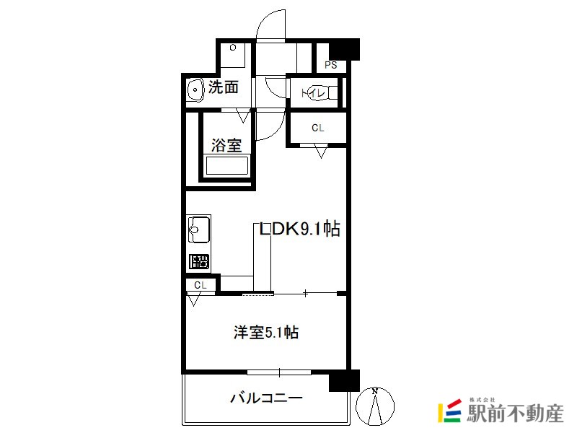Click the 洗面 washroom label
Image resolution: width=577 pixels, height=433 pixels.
pos(224,87)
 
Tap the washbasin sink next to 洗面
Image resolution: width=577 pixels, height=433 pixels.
pos(195,89)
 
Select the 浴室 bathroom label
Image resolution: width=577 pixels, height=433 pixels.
pos(226,145)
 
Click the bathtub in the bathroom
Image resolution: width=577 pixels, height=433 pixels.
pos(226,165)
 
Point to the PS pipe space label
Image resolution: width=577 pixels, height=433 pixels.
pos(331,65)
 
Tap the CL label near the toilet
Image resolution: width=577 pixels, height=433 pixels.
pos(318,128)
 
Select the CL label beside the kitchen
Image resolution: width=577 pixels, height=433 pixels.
pos(201,285)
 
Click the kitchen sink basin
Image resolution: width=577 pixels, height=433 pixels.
pos(199,229)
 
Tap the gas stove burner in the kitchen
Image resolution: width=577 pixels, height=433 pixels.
pos(199,262)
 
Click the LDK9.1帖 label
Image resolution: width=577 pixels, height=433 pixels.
pos(299,229)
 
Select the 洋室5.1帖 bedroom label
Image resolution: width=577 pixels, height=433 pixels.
pos(266,333)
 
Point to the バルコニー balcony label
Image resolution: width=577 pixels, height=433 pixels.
pos(266,398)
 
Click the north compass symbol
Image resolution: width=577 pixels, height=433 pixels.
pos(375,406)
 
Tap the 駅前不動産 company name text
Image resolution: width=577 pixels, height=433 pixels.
pos(515,414)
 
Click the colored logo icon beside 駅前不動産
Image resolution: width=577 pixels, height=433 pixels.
pos(449,411)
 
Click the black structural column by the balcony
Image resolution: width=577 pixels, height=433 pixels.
pos(344,381)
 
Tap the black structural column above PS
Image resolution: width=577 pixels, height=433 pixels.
pos(344,49)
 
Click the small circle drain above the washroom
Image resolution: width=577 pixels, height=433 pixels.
pos(232,48)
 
